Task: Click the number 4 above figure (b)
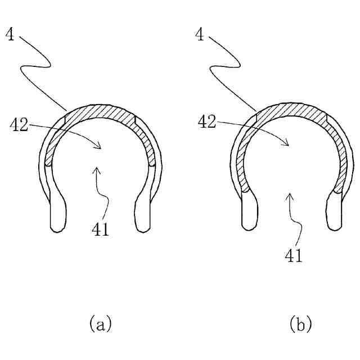199,35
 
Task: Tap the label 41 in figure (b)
294,255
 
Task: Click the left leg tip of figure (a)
57,226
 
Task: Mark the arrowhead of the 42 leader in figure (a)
100,147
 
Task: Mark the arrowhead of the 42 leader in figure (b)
288,145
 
